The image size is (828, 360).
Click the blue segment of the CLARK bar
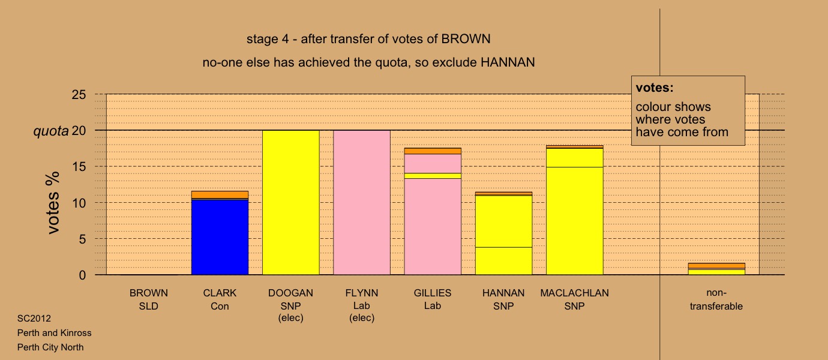click(220, 237)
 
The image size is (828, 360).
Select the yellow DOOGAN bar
click(291, 203)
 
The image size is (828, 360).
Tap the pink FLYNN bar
click(362, 203)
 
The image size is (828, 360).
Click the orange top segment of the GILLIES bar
click(433, 151)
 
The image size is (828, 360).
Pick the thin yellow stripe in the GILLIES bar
click(433, 176)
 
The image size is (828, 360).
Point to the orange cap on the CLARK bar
click(220, 195)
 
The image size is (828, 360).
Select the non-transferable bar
click(716, 269)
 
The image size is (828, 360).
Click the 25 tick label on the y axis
click(79, 95)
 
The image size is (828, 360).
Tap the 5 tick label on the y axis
click(82, 239)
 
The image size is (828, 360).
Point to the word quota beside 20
click(51, 131)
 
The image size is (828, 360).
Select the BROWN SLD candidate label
click(149, 299)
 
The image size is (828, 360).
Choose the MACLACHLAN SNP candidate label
click(574, 299)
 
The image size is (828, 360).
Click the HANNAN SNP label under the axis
click(503, 299)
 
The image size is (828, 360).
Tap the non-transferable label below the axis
click(716, 299)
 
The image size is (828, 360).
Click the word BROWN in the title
click(466, 39)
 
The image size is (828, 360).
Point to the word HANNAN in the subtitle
click(508, 62)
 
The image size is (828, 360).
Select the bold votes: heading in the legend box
click(655, 88)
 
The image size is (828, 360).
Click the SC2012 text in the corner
click(34, 319)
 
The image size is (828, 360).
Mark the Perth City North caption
click(50, 347)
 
